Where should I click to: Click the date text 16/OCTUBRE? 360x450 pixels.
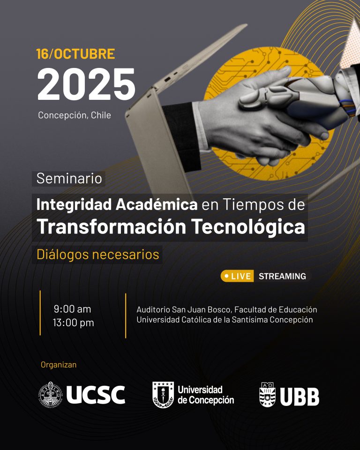75,54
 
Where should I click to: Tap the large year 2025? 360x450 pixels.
86,84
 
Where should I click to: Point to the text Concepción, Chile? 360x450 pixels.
75,115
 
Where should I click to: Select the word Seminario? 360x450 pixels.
69,179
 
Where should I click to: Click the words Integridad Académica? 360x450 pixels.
117,205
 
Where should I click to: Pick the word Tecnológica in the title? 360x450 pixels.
248,227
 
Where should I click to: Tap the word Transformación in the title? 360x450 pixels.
112,227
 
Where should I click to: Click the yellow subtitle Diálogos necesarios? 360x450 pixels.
98,255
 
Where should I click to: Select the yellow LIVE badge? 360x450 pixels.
237,276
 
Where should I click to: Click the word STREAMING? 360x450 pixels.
282,277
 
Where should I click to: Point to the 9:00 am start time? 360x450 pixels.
72,309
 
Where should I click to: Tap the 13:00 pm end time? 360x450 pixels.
73,323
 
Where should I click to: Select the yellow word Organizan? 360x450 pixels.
59,365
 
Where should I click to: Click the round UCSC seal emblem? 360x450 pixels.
51,395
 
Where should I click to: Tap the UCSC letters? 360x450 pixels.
96,395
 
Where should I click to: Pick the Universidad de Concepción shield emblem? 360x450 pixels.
163,395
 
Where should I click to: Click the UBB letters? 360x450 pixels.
300,397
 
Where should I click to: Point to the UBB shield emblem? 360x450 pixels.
267,395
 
